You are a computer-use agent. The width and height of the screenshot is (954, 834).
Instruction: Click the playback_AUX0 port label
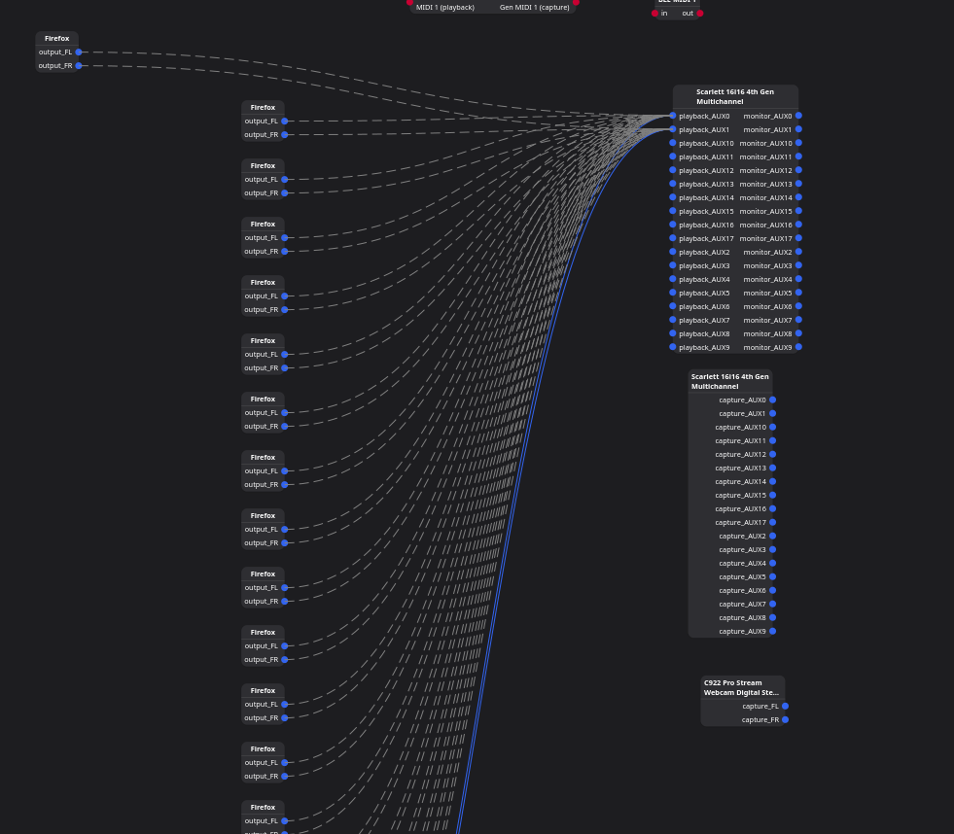pyautogui.click(x=704, y=116)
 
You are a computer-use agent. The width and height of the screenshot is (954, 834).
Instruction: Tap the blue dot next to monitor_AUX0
pyautogui.click(x=798, y=116)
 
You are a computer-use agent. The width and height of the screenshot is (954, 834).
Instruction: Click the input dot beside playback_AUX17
pyautogui.click(x=673, y=238)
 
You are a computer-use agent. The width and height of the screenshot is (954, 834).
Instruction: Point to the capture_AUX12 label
pyautogui.click(x=740, y=454)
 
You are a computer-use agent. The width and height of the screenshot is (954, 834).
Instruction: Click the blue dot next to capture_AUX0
pyautogui.click(x=773, y=400)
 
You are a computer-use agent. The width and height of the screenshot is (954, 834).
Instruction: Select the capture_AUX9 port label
pyautogui.click(x=742, y=631)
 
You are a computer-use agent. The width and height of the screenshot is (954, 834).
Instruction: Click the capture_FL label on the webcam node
pyautogui.click(x=760, y=706)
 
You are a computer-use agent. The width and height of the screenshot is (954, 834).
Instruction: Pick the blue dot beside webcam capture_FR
pyautogui.click(x=785, y=719)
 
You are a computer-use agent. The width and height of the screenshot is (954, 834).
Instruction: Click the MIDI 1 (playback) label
pyautogui.click(x=445, y=7)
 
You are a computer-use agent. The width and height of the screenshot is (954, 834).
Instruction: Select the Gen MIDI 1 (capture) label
pyautogui.click(x=534, y=7)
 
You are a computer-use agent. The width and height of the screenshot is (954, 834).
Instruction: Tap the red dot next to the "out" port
pyautogui.click(x=699, y=13)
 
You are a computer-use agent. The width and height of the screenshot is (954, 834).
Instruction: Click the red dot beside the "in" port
pyautogui.click(x=655, y=13)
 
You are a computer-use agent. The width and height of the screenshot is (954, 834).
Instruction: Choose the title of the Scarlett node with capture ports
pyautogui.click(x=729, y=381)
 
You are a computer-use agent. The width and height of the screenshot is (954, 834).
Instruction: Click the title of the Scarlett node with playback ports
pyautogui.click(x=734, y=96)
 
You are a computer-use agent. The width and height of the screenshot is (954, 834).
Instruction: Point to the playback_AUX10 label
pyautogui.click(x=706, y=143)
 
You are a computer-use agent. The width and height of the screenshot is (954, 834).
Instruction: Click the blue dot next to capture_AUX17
pyautogui.click(x=773, y=522)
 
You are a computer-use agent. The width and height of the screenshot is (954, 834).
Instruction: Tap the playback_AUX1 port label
pyautogui.click(x=704, y=129)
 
